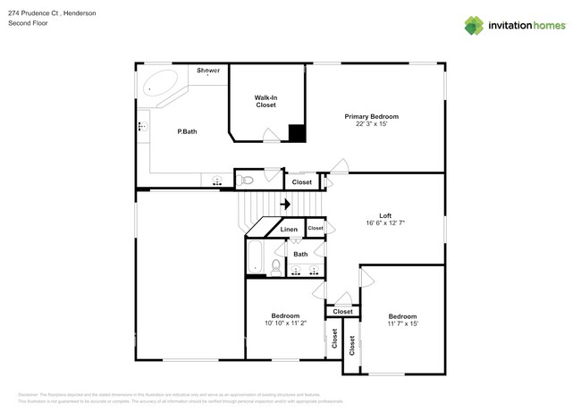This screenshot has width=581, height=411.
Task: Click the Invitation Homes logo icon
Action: point(473,26)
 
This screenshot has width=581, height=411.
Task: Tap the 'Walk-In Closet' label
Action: point(265,101)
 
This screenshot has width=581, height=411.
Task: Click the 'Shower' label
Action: point(208,70)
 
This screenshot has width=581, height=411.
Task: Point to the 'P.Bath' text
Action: point(187,131)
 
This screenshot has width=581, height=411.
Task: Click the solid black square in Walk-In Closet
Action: point(297,133)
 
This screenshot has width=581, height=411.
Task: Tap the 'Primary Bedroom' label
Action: point(372,116)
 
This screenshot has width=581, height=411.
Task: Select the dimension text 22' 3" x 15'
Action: point(372,124)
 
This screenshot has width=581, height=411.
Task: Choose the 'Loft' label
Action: point(385,214)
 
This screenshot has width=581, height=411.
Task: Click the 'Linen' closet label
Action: point(289,230)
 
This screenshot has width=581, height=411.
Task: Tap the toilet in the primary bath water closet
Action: point(248,180)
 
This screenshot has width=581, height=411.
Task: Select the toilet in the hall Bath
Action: point(276,265)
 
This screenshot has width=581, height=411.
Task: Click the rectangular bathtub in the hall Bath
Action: point(256,256)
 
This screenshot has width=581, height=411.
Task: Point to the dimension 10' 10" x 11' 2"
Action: point(285,323)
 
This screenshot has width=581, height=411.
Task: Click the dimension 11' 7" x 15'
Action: point(402,324)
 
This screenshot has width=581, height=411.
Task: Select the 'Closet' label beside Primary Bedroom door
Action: point(302,181)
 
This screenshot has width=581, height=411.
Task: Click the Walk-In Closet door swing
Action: point(271,136)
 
